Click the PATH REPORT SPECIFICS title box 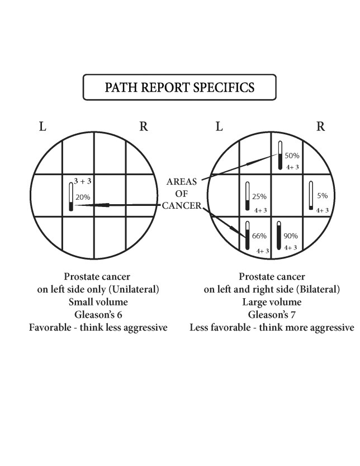(x=179, y=88)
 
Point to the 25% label (x=259, y=197)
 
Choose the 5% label (x=323, y=196)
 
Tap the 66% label (x=259, y=236)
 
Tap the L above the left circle (x=42, y=126)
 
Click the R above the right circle (x=320, y=126)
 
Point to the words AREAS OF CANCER (x=181, y=194)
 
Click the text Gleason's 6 (x=98, y=314)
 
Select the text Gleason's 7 (x=272, y=314)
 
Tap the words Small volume (x=98, y=302)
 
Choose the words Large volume (x=272, y=302)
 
